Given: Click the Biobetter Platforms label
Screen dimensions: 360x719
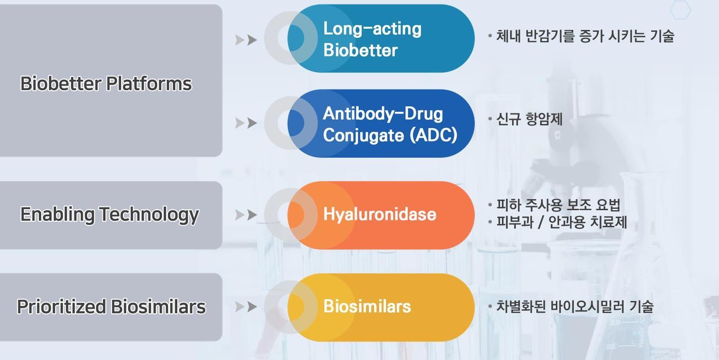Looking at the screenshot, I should point(106,83).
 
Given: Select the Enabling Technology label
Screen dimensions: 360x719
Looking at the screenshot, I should point(110,214).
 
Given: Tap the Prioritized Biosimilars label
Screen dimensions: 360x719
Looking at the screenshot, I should point(111,307).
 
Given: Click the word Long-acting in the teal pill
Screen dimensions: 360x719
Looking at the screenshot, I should point(372,29).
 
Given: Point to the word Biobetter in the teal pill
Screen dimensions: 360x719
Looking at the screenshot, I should point(360,50).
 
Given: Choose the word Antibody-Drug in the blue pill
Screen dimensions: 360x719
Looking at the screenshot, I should point(383,113).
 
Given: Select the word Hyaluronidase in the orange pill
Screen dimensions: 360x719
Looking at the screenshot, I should point(379,214).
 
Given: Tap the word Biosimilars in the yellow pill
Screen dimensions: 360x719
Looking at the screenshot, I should point(367,306).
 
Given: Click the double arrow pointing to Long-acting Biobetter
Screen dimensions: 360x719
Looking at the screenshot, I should point(246,40).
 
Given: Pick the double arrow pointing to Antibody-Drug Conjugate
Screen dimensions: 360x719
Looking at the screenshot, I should point(246,123).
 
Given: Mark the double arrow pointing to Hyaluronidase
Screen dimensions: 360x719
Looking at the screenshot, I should point(246,215).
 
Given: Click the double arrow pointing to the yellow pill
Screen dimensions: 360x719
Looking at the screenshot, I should point(246,307).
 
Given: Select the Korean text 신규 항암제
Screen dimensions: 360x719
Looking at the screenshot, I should point(529,119).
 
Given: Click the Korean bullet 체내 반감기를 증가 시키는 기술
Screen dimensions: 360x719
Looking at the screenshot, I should point(585,35).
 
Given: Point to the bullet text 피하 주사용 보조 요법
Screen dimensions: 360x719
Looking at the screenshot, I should point(558,205).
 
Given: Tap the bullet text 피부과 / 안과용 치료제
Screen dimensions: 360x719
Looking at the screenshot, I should point(561,222).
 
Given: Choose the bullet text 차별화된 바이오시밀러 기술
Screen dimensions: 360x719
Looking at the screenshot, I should point(574,306).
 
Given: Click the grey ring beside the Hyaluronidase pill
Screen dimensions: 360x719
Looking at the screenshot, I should point(275,215).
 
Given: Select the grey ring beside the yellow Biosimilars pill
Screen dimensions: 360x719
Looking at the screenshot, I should point(275,307).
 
